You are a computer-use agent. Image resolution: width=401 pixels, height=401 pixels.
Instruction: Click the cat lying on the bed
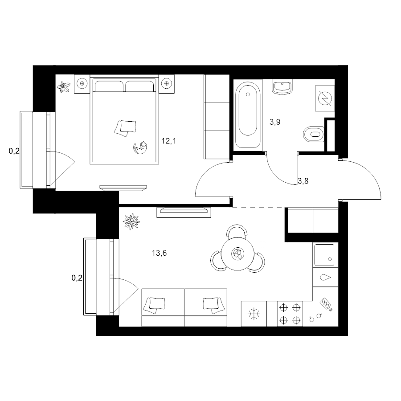tap(140, 148)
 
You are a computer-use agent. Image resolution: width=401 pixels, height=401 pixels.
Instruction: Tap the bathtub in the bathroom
tap(248, 115)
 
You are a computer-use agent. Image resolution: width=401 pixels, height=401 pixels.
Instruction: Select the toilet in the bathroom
tap(314, 134)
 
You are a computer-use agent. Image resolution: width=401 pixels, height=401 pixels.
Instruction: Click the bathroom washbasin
tap(282, 87)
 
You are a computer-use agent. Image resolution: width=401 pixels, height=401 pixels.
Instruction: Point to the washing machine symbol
tap(325, 98)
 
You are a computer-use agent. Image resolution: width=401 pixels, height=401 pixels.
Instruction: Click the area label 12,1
tap(169, 141)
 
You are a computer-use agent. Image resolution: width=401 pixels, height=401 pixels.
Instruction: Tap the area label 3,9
tap(275, 122)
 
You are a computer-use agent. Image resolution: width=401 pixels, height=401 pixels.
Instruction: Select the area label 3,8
tap(303, 181)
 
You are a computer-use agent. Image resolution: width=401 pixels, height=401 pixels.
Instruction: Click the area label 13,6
tap(159, 253)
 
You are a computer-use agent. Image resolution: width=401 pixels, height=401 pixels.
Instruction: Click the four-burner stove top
tap(290, 314)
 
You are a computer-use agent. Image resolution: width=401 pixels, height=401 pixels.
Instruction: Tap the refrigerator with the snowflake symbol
tap(254, 314)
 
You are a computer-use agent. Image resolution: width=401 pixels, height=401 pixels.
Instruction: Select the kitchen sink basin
tap(324, 255)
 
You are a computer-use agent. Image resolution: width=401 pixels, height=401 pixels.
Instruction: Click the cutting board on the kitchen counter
tap(326, 304)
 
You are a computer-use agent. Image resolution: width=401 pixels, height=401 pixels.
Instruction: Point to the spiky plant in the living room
tap(131, 221)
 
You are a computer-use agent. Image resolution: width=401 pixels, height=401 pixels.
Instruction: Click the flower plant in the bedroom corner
tap(63, 87)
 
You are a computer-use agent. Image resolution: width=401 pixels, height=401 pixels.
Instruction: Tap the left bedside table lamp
tap(82, 83)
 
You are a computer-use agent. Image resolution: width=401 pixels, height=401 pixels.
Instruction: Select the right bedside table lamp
tap(167, 83)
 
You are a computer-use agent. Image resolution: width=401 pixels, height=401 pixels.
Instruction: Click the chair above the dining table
tap(237, 230)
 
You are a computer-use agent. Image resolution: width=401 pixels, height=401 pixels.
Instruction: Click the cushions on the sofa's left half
tap(154, 305)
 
